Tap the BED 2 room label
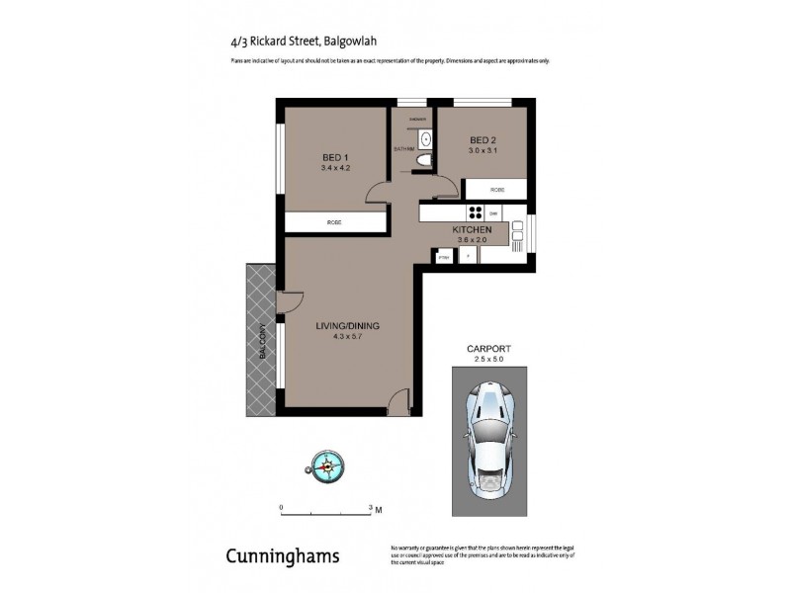(x=482, y=139)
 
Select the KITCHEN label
(x=472, y=229)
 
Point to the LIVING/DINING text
(x=347, y=326)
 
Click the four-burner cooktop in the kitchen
(x=475, y=212)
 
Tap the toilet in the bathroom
(x=424, y=159)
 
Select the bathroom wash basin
(x=424, y=138)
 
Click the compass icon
(x=323, y=464)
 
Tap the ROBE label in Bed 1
(x=334, y=223)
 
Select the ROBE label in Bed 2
(x=496, y=189)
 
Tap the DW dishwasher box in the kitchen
(x=493, y=212)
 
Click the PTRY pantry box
(x=444, y=256)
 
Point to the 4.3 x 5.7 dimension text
(x=347, y=337)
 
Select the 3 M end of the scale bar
(x=374, y=509)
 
